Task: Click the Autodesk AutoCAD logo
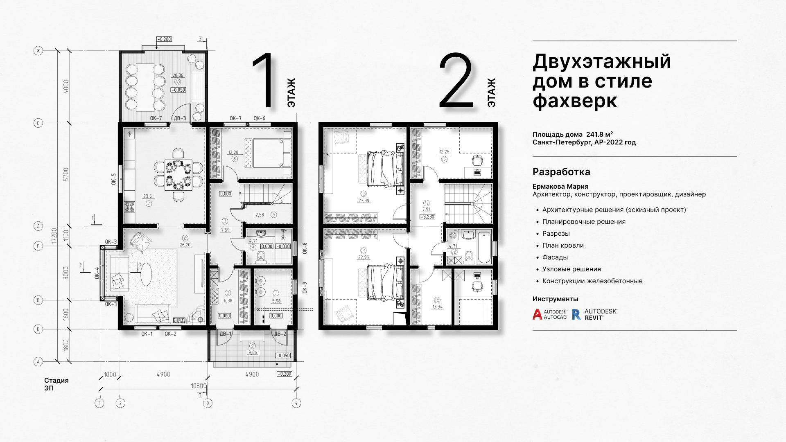click(550, 314)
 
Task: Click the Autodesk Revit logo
click(594, 314)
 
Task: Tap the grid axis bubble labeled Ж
click(38, 51)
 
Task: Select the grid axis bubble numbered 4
click(296, 403)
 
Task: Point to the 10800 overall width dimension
click(199, 386)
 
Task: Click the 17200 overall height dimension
click(54, 236)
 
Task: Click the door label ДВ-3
click(180, 118)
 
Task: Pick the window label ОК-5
click(114, 179)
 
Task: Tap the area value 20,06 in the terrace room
click(178, 75)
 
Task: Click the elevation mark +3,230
click(427, 217)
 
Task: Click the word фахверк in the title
click(575, 101)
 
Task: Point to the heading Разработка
click(561, 172)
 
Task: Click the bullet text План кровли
click(563, 245)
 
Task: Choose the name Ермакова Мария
click(560, 186)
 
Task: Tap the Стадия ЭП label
click(56, 384)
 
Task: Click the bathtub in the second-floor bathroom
click(484, 247)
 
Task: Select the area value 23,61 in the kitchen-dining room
click(149, 196)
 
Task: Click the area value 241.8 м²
click(599, 134)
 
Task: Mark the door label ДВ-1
click(226, 334)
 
